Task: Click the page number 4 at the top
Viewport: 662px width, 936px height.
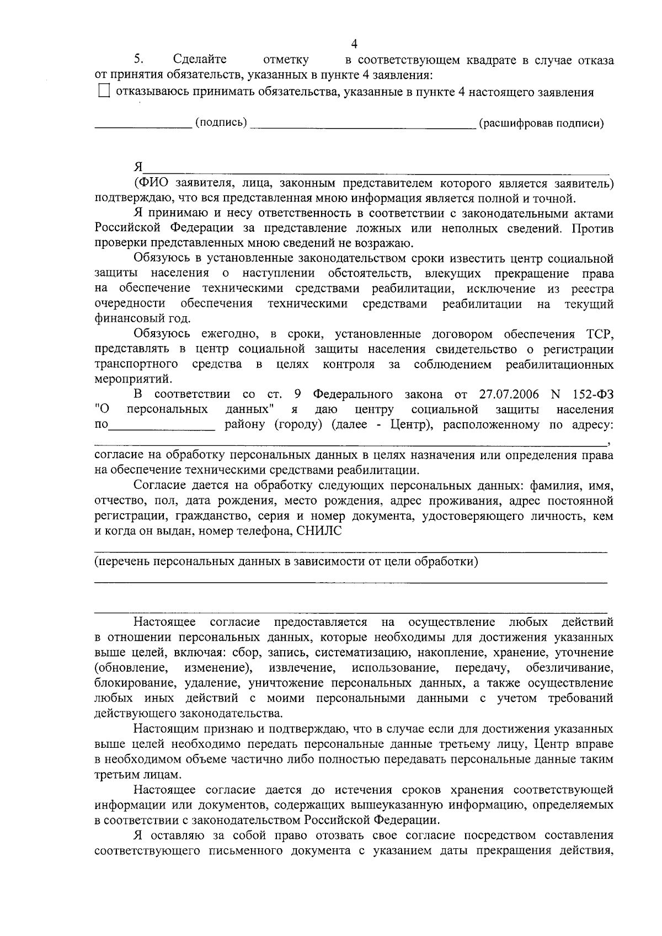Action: coord(355,44)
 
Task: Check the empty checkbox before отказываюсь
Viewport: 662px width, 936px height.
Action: coord(104,92)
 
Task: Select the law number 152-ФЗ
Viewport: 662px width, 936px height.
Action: coord(594,395)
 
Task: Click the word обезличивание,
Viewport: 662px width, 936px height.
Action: coord(570,668)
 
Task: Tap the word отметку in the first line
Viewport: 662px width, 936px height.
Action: coord(286,60)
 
